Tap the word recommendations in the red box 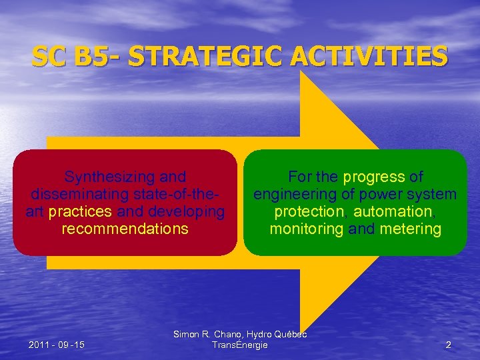point(125,229)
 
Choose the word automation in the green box point(393,211)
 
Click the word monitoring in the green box point(307,229)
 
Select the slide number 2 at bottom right point(448,345)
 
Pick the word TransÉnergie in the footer point(239,345)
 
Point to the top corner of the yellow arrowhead point(302,73)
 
